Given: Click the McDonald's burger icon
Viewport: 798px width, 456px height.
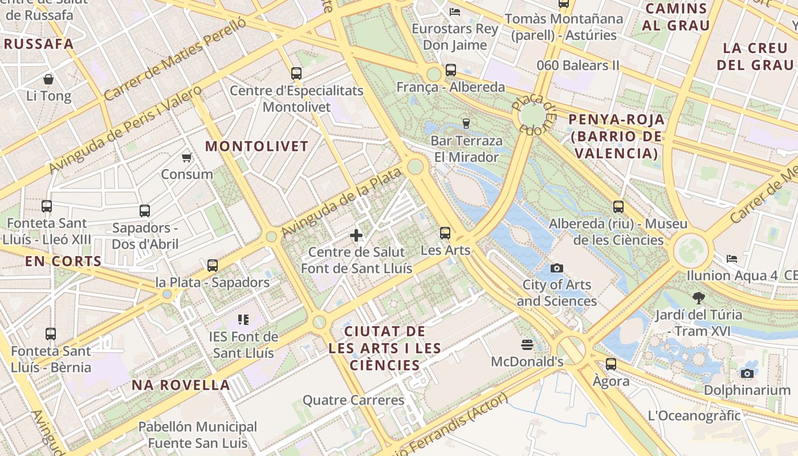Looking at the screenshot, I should [527, 344].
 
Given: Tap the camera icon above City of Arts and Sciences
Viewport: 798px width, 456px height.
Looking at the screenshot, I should [556, 268].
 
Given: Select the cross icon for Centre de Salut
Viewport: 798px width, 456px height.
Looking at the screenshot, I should [356, 235].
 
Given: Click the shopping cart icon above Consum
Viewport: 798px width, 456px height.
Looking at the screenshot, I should [186, 157].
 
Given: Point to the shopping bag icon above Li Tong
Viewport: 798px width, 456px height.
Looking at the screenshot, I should [48, 79].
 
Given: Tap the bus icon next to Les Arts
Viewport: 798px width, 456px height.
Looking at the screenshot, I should [445, 233].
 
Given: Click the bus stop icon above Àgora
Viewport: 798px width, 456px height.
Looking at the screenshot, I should [611, 364].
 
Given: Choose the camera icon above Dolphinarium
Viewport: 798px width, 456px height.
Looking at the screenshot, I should [747, 374].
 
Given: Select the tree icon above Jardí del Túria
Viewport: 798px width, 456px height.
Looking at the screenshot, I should [698, 298].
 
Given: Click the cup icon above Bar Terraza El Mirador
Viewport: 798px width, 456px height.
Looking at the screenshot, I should [466, 123].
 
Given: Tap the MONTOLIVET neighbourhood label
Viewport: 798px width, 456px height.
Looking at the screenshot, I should [256, 146].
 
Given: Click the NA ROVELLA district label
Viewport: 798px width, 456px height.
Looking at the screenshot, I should [181, 385].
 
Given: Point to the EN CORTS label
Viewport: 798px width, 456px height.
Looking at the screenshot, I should [63, 262].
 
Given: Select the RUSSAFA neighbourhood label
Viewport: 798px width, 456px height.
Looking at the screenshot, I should [39, 44].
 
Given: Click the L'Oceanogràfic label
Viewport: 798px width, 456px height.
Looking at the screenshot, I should [694, 416].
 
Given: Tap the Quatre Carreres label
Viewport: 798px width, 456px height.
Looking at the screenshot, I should [353, 400].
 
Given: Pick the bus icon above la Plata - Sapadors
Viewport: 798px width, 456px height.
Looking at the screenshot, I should [213, 265].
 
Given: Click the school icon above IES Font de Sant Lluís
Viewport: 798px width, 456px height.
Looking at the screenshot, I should [243, 320].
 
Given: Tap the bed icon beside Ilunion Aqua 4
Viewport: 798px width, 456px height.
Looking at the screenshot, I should [732, 259].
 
